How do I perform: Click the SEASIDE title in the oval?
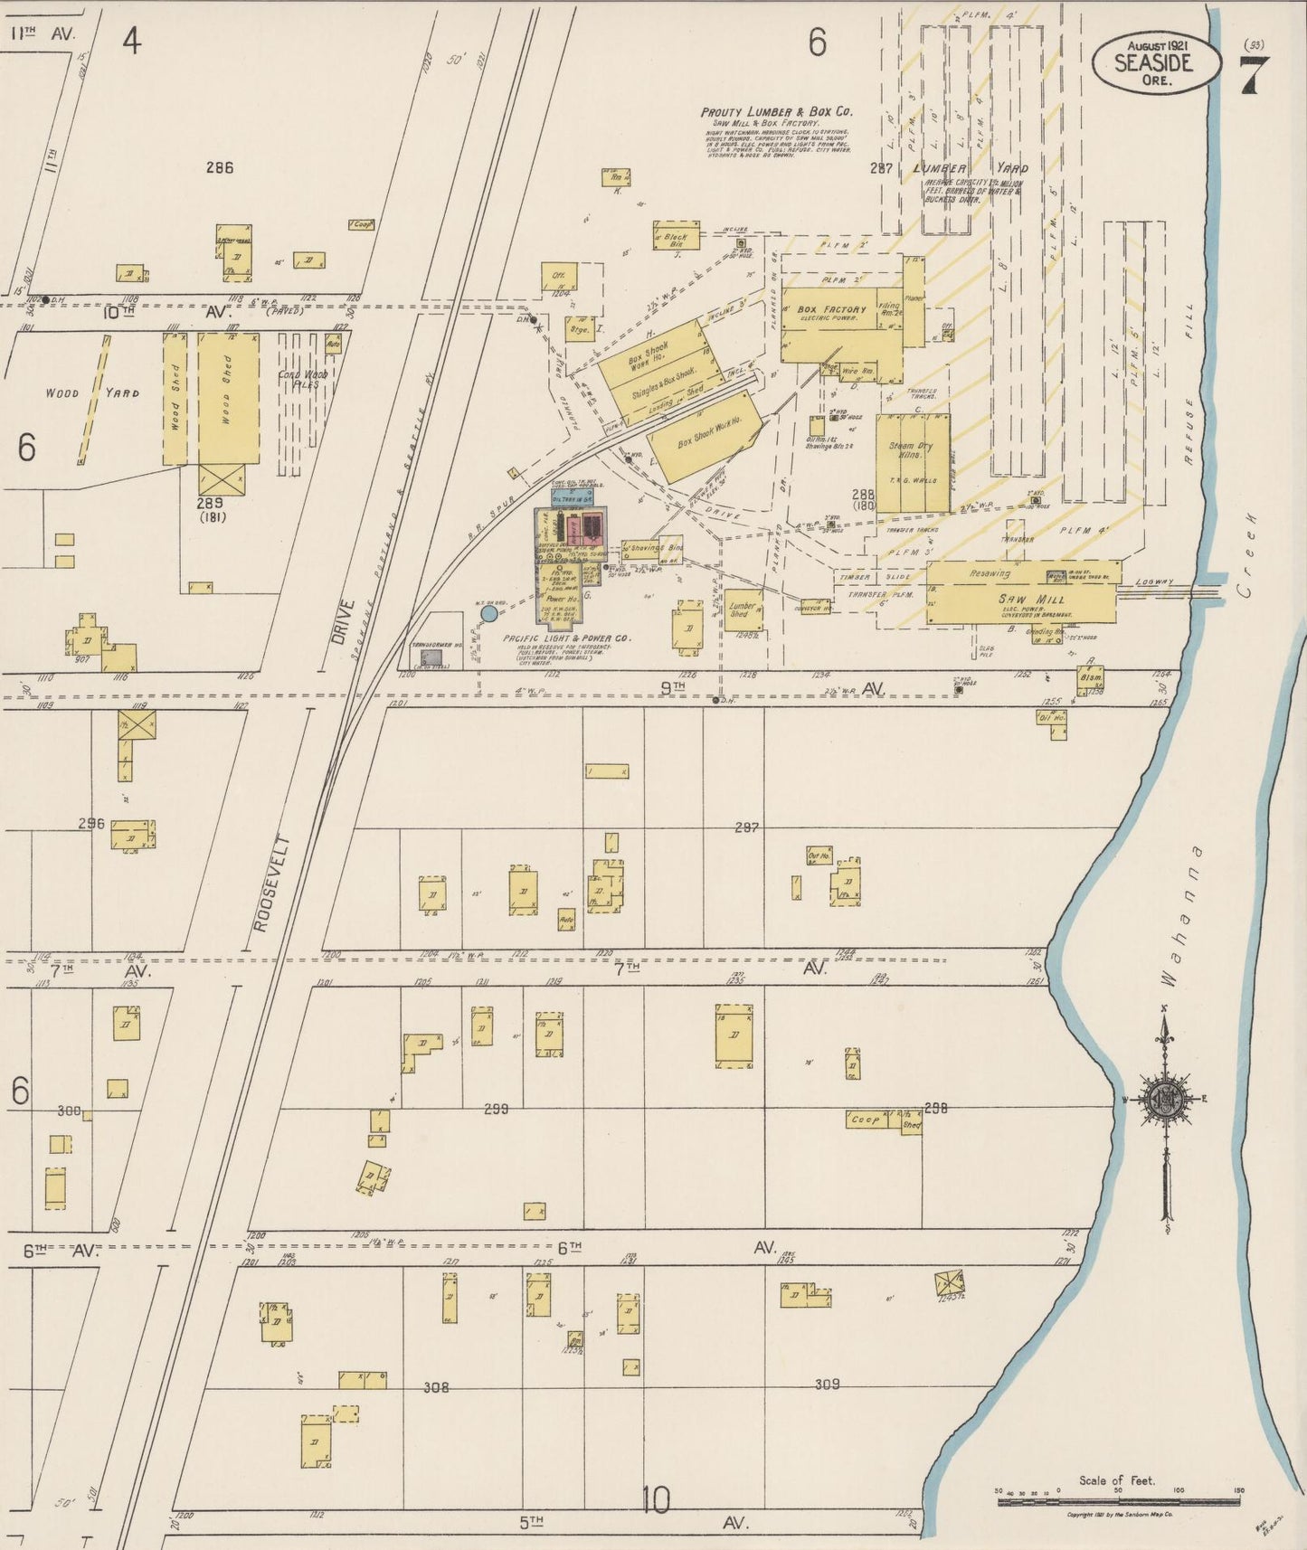pyautogui.click(x=1153, y=62)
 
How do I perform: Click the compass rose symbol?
pyautogui.click(x=1165, y=1100)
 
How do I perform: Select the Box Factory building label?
pyautogui.click(x=830, y=309)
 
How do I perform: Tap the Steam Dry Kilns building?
pyautogui.click(x=912, y=450)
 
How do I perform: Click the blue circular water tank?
pyautogui.click(x=488, y=614)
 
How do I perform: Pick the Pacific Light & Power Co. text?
pyautogui.click(x=566, y=638)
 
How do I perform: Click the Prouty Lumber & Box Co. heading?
pyautogui.click(x=777, y=112)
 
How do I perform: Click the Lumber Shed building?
pyautogui.click(x=742, y=610)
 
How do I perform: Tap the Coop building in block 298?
pyautogui.click(x=865, y=1119)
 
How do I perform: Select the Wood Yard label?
pyautogui.click(x=90, y=392)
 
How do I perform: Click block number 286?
pyautogui.click(x=219, y=166)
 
